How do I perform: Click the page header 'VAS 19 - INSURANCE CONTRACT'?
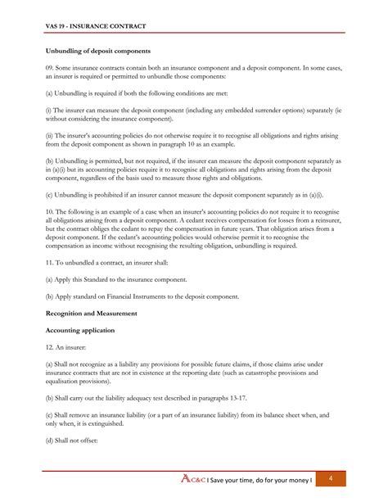click(96, 26)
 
